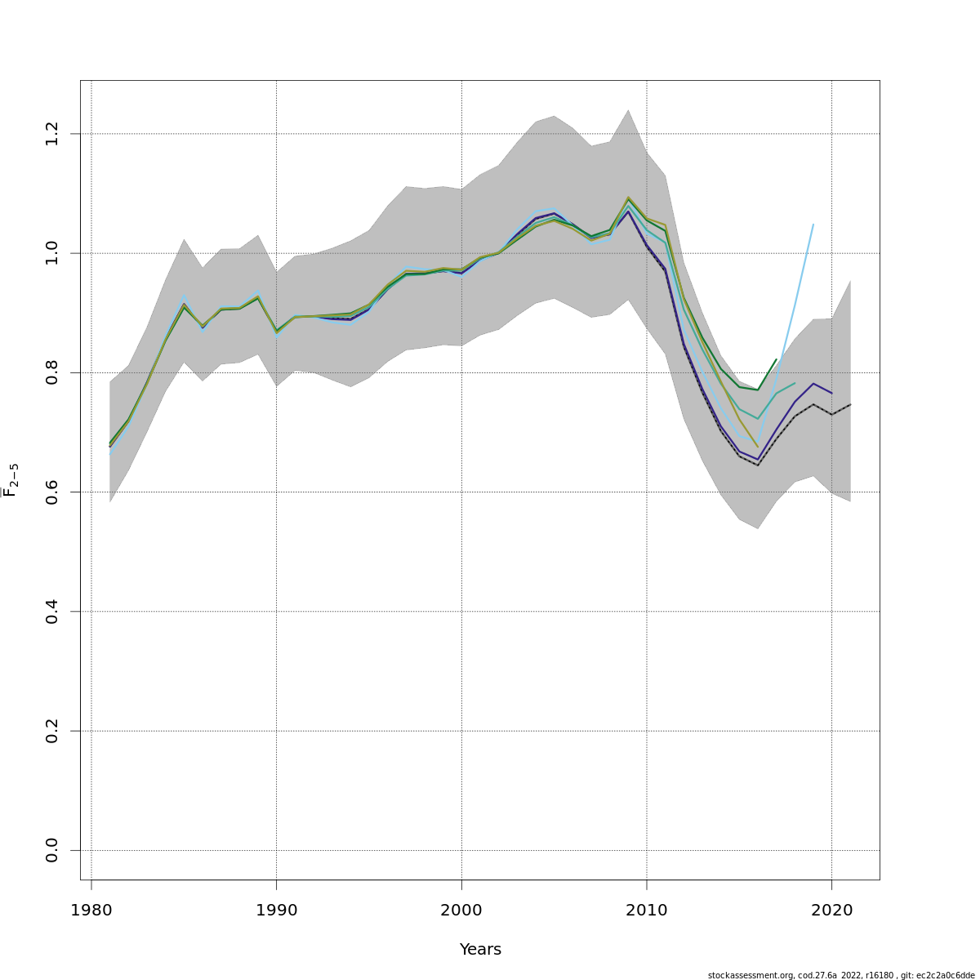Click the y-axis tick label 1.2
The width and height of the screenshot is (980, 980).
(52, 133)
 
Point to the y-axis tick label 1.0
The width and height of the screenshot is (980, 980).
(52, 253)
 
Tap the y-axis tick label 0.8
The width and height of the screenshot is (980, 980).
(52, 372)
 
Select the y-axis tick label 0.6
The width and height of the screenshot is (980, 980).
(52, 492)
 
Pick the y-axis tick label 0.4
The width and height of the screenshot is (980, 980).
(52, 612)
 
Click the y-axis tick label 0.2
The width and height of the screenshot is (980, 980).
(52, 731)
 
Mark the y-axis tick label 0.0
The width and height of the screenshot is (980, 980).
(52, 850)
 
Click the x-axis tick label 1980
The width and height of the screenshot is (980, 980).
(91, 910)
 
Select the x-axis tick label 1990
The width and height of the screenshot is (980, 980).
(276, 910)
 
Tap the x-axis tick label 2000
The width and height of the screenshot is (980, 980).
(461, 910)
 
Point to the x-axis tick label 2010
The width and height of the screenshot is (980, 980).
(647, 910)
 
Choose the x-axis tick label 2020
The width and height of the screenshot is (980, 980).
(831, 910)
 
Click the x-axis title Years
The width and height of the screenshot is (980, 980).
(480, 950)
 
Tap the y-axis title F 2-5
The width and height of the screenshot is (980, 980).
(11, 479)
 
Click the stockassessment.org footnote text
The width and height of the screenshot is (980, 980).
(841, 975)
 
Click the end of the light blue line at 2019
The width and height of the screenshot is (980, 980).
(813, 224)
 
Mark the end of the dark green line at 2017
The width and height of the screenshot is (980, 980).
(776, 359)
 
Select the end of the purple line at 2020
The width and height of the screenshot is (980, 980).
(831, 394)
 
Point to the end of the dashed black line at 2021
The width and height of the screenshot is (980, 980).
(850, 404)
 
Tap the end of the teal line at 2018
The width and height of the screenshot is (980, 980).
(795, 383)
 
